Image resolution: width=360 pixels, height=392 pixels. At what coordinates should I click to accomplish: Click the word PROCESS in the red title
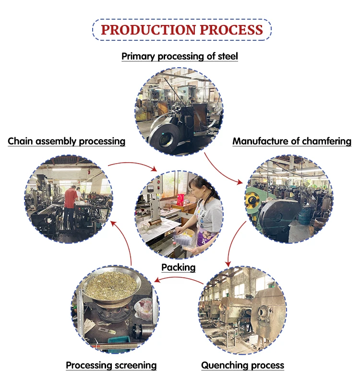click(231, 29)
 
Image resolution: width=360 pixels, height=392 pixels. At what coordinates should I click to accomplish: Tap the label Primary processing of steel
click(180, 56)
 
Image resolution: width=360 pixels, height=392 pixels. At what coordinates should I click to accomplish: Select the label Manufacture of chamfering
click(292, 142)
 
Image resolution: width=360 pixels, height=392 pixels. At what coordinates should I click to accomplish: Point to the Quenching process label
click(242, 366)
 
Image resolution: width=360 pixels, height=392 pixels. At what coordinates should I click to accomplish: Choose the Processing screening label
click(111, 366)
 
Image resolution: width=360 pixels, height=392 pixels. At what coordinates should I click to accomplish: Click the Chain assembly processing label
click(67, 142)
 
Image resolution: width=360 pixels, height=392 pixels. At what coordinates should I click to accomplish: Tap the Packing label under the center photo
click(178, 268)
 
